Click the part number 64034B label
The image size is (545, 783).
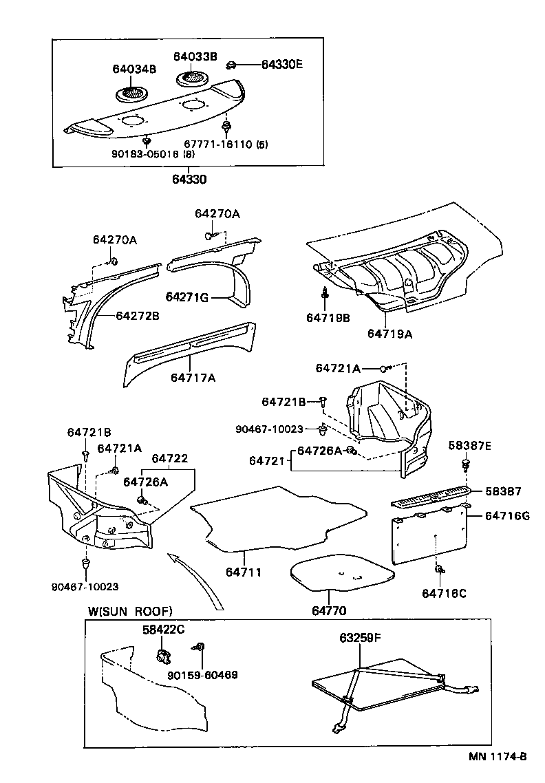point(135,69)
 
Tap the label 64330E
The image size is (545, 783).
point(282,65)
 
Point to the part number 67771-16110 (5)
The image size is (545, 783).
point(230,145)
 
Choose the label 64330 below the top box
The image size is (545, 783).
point(189,180)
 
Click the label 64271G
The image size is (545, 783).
point(186,297)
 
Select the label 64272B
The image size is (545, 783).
point(137,316)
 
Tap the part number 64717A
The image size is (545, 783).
point(193,378)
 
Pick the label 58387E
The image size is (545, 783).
point(470,445)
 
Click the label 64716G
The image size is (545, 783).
point(507,516)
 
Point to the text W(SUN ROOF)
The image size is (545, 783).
point(130,611)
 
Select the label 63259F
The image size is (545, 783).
point(360,638)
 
